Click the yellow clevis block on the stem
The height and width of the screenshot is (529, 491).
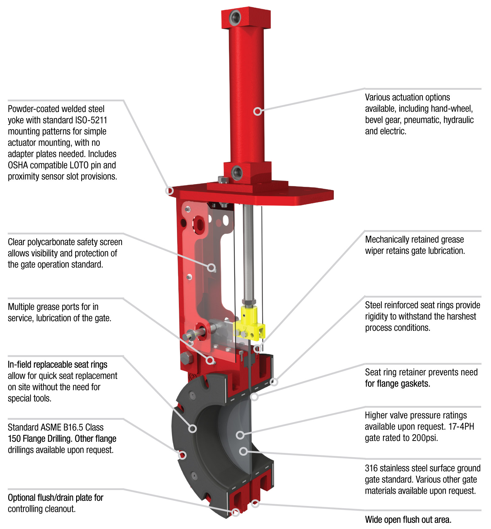249,323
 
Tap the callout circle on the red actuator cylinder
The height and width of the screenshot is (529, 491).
258,111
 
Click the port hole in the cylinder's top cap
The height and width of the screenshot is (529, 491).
236,16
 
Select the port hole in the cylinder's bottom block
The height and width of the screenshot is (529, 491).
237,172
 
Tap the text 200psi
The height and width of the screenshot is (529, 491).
424,438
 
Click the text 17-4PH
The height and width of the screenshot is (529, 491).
461,427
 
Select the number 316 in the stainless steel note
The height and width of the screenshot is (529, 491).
371,468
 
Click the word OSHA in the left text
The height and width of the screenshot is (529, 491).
18,165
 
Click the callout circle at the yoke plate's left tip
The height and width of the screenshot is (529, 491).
169,191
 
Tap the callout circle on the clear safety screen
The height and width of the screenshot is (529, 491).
211,268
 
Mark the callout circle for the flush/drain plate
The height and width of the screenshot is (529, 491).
235,512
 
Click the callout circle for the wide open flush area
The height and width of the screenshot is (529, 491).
255,504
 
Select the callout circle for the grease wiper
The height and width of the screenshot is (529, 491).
258,349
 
